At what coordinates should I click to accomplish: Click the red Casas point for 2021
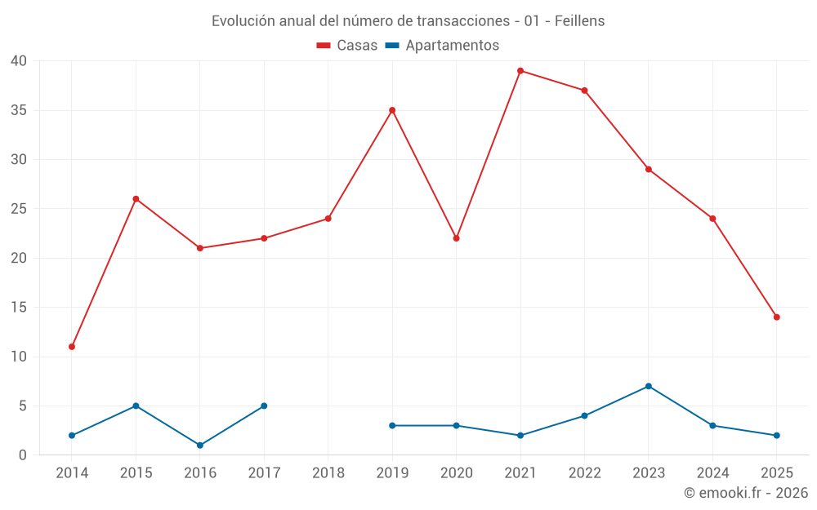[x=520, y=71]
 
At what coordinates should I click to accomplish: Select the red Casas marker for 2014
[x=72, y=347]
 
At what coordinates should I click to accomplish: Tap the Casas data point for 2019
[x=392, y=110]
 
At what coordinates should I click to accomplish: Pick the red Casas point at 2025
[x=777, y=317]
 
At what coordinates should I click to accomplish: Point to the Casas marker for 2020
[x=457, y=238]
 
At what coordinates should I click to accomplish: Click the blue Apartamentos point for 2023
[x=649, y=386]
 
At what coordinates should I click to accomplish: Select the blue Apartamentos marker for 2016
[x=200, y=446]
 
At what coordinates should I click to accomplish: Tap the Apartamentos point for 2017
[x=264, y=406]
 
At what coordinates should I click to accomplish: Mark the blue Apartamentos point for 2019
[x=392, y=426]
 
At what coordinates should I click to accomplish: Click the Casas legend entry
[x=347, y=46]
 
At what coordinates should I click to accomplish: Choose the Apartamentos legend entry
[x=442, y=46]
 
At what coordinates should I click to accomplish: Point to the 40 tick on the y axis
[x=19, y=61]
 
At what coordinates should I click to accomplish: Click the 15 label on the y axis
[x=19, y=308]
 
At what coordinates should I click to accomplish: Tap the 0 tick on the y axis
[x=23, y=455]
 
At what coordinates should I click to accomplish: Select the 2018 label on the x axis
[x=328, y=473]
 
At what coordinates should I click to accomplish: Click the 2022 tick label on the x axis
[x=584, y=473]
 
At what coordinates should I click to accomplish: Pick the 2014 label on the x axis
[x=72, y=473]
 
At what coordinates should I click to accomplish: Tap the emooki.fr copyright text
[x=745, y=493]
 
